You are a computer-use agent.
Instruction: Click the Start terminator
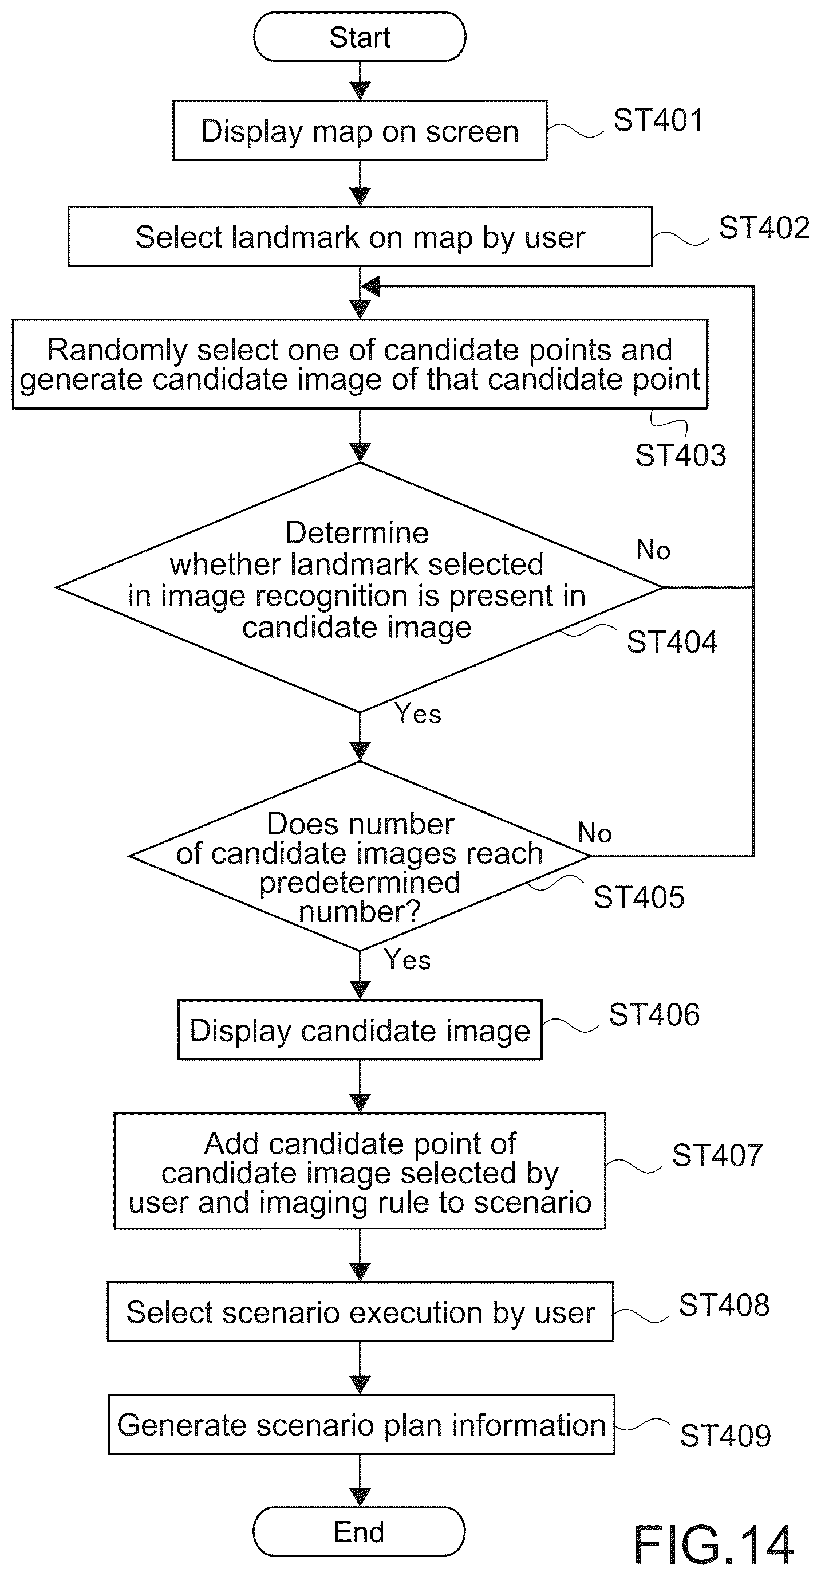pos(360,37)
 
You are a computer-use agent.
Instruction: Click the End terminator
pos(359,1531)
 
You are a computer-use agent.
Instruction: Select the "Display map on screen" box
pos(360,131)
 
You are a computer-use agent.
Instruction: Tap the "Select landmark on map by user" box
pos(360,237)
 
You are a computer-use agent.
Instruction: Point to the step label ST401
pos(658,120)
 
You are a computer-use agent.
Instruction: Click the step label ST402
pos(764,228)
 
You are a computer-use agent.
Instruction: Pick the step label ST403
pos(680,455)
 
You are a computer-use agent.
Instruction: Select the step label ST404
pos(672,642)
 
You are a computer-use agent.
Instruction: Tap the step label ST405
pos(639,897)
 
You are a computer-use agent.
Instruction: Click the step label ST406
pos(654,1014)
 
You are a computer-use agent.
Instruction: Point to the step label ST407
pos(717,1156)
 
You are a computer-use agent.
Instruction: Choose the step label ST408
pos(724,1305)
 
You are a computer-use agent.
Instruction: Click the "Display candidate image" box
pos(360,1030)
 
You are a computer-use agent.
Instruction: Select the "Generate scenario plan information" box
pos(361,1425)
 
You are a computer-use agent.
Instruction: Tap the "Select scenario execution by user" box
pos(360,1312)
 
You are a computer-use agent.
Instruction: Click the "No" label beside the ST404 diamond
pos(653,550)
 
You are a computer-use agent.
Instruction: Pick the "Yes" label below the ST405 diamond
pos(407,960)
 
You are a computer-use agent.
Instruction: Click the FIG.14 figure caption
pos(713,1545)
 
